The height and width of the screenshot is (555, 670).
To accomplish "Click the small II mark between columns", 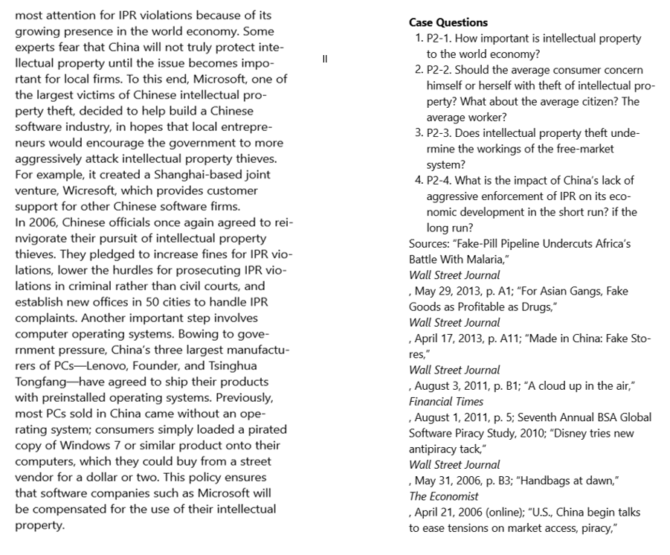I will tap(325, 57).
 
